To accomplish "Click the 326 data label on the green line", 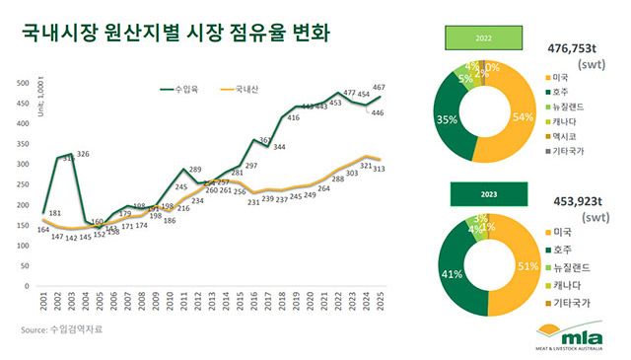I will (84, 154).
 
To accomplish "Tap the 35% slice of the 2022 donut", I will (450, 120).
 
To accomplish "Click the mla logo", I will (577, 333).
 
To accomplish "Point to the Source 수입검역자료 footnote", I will (61, 328).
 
